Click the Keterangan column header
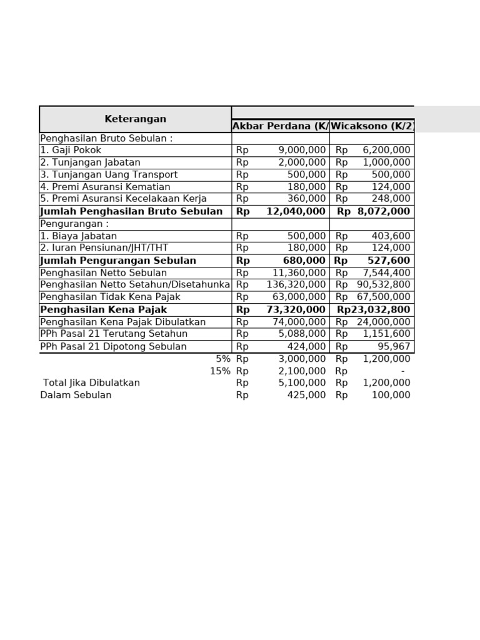135,119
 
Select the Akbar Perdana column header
280,126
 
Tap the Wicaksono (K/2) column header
372,126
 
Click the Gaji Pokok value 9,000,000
302,151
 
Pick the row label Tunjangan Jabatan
90,162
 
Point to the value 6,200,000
386,151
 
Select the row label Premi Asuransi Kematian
105,187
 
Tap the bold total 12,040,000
296,212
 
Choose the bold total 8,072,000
384,212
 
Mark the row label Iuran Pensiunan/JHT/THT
104,248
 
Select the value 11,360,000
299,273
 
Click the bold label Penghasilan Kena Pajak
104,310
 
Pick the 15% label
220,371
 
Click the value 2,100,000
302,371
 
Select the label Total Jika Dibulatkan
91,383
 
